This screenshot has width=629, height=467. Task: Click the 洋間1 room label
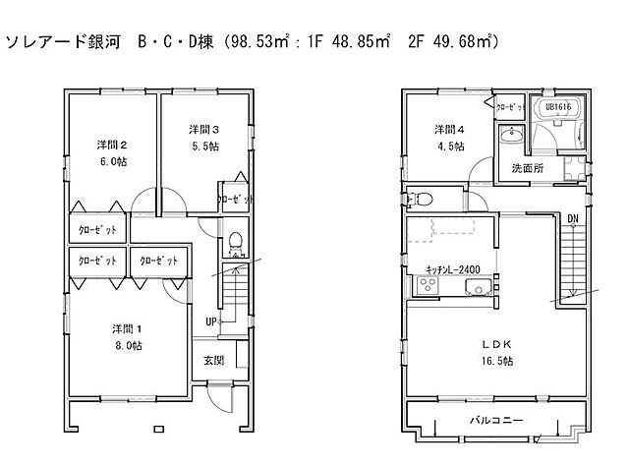(124, 328)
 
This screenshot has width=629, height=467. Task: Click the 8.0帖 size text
(125, 345)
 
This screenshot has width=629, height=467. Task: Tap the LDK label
(497, 344)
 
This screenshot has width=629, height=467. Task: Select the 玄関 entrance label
(214, 361)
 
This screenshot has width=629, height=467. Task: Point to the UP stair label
(211, 321)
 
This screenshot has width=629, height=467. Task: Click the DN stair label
(573, 217)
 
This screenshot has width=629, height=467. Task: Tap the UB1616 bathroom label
(557, 106)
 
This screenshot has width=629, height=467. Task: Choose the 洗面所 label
(528, 168)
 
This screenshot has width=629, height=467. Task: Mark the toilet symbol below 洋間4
(421, 199)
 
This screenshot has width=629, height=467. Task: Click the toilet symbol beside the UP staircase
(235, 241)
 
